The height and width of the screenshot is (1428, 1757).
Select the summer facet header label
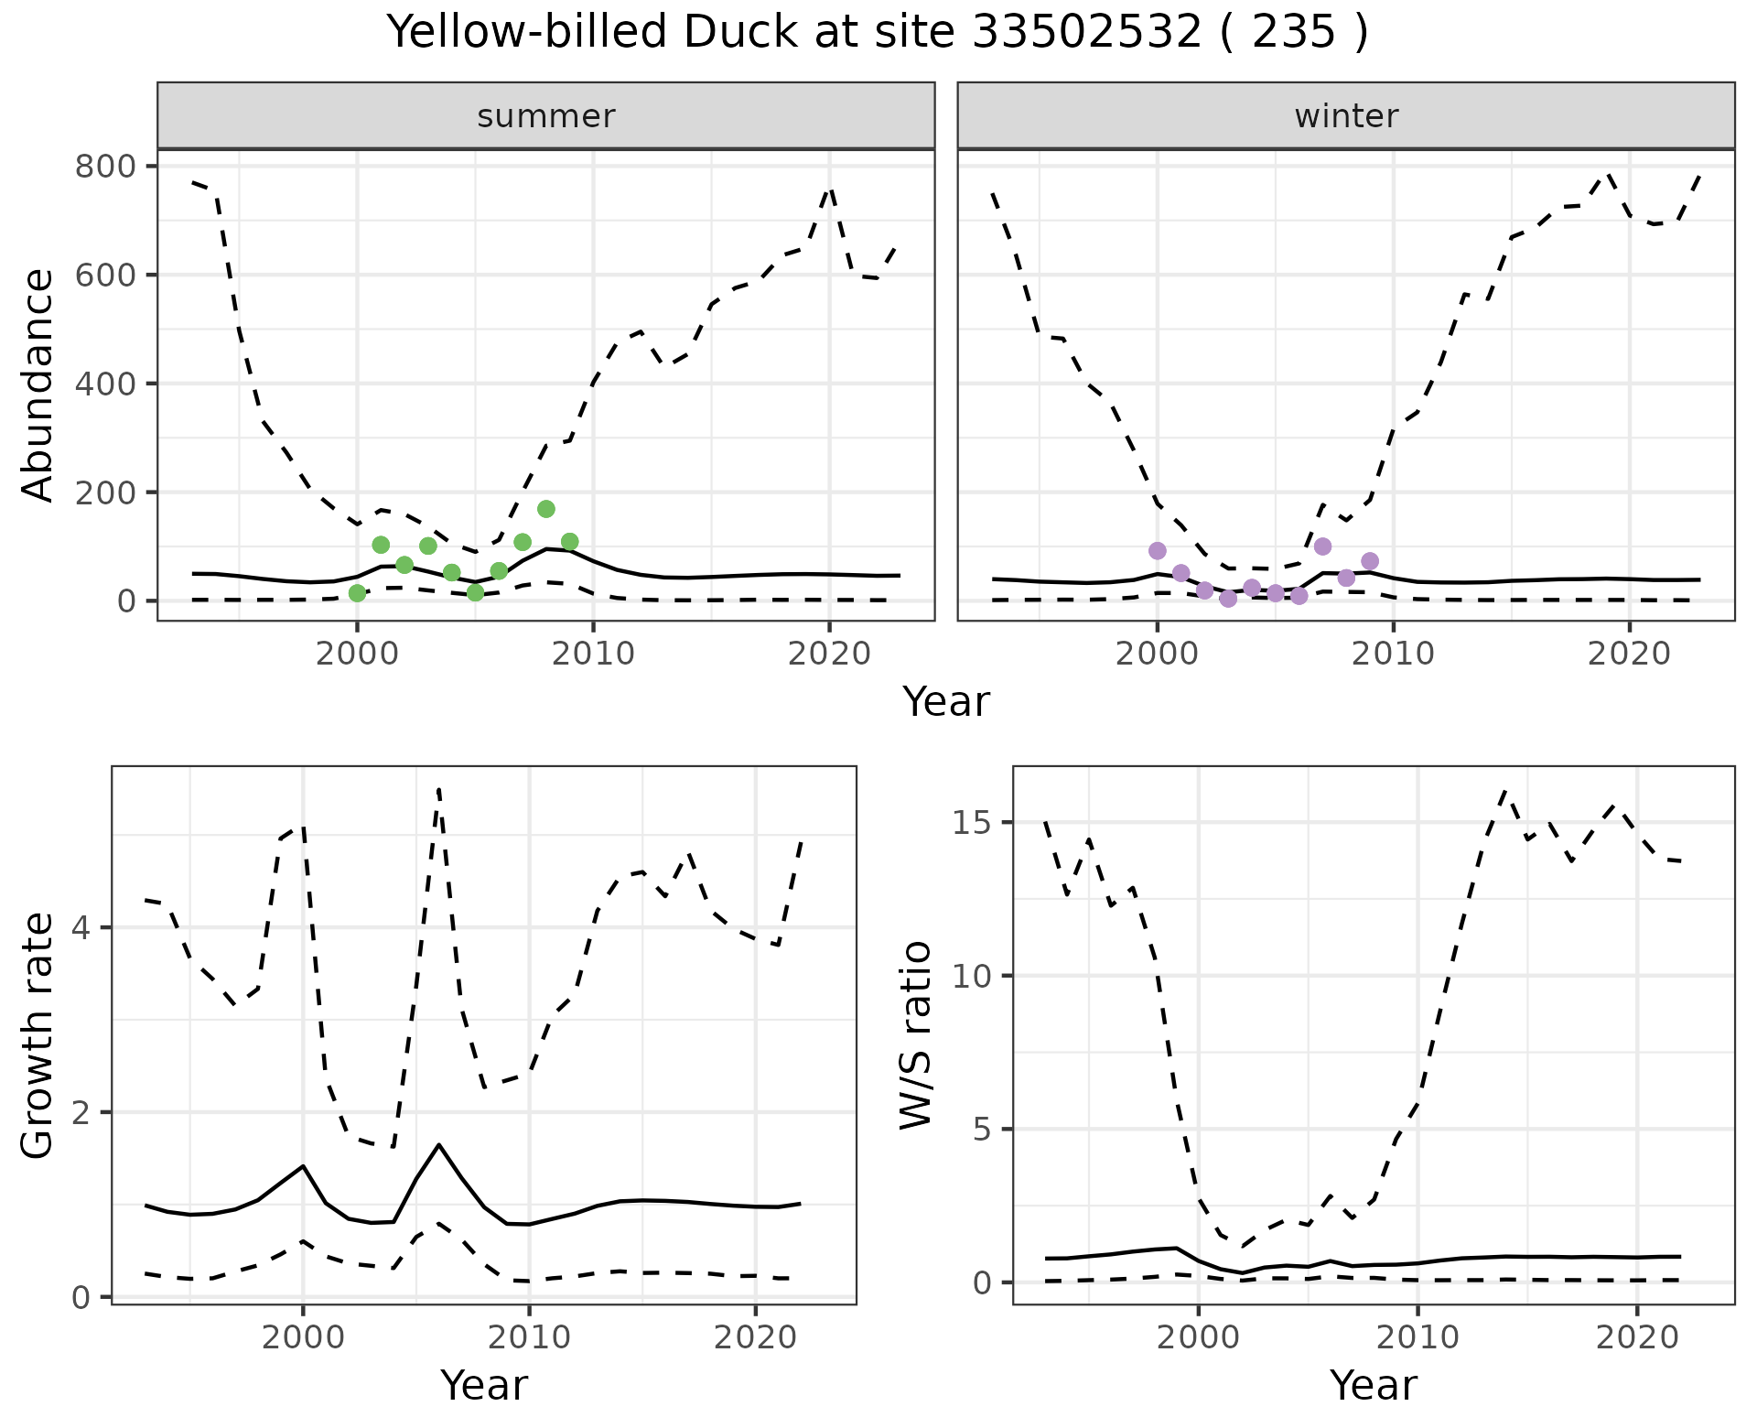tap(545, 116)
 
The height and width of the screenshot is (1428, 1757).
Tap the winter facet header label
tap(1345, 116)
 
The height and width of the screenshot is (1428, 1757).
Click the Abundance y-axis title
tap(38, 384)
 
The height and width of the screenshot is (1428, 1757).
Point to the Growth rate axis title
tap(38, 1035)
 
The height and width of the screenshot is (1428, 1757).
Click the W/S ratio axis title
tap(916, 1035)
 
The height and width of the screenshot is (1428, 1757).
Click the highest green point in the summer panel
tap(546, 509)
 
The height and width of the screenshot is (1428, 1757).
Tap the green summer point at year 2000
tap(357, 593)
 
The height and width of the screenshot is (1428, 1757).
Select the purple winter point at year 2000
tap(1158, 550)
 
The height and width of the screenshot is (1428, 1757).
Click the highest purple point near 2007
tap(1322, 546)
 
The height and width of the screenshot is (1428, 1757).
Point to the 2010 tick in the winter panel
tap(1393, 654)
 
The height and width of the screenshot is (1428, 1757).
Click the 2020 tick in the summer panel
tap(829, 654)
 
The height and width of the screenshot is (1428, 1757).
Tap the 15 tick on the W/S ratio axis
tap(973, 823)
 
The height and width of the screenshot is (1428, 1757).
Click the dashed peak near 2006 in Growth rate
tap(439, 789)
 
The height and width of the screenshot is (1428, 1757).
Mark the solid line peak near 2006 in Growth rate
tap(439, 1144)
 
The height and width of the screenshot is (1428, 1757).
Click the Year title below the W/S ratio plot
tap(1373, 1385)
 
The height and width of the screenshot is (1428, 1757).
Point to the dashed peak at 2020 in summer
tap(830, 189)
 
